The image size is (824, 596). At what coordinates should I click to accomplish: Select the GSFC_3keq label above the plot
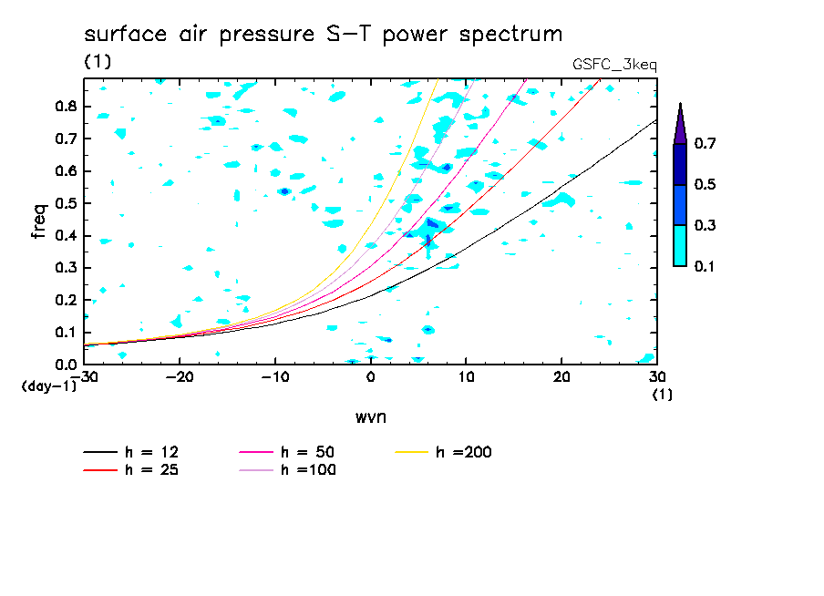(614, 65)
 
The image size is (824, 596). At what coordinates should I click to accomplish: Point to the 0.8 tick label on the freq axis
(66, 106)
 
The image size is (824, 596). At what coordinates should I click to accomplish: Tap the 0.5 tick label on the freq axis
(66, 203)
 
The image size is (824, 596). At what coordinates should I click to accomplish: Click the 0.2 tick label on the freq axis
(66, 300)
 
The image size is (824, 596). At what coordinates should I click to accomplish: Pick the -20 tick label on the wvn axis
(180, 377)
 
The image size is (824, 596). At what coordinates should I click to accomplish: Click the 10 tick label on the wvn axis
(466, 377)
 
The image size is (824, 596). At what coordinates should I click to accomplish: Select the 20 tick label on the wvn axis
(561, 377)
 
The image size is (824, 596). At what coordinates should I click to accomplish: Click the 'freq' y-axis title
(39, 221)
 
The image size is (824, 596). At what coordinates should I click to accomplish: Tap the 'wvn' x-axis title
(371, 417)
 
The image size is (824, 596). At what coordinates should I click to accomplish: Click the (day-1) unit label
(49, 386)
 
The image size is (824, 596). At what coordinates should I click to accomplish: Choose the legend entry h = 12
(131, 452)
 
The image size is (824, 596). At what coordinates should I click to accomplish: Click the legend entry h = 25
(131, 469)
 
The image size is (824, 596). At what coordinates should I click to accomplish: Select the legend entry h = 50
(287, 452)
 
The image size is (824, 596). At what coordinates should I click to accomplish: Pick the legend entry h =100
(287, 469)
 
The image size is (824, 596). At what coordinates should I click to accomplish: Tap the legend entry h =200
(443, 452)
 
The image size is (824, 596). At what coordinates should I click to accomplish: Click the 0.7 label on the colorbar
(705, 143)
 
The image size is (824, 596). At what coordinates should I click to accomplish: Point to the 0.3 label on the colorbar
(705, 225)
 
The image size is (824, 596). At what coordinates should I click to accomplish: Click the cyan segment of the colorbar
(680, 245)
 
